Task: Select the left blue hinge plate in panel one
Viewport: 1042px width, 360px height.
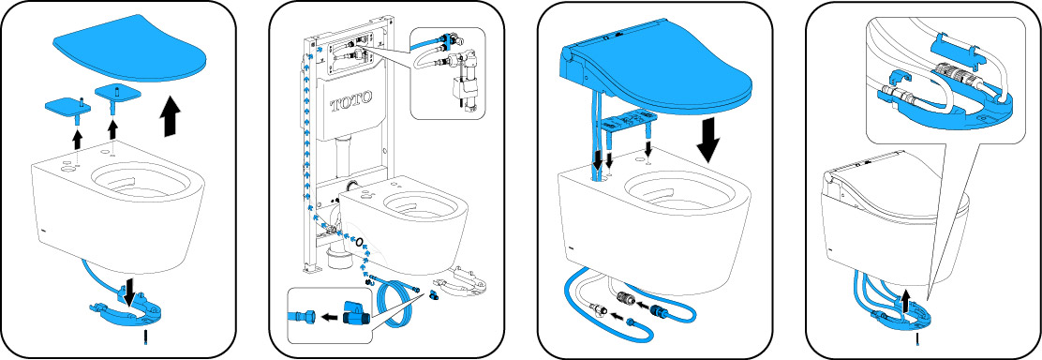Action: point(67,106)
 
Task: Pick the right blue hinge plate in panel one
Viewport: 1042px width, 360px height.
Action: point(118,91)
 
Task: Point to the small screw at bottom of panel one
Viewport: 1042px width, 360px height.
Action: point(144,336)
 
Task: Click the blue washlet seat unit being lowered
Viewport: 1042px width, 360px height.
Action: point(655,74)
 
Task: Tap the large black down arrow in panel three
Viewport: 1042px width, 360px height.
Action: point(707,141)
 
